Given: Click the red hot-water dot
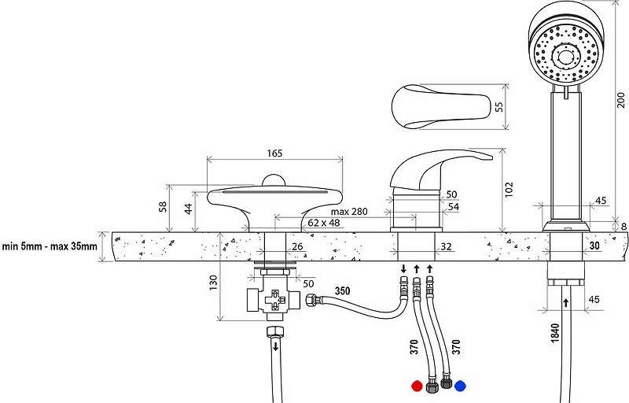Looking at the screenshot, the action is pyautogui.click(x=417, y=386).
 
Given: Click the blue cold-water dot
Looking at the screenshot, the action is pyautogui.click(x=461, y=386).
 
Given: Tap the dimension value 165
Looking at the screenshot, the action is pyautogui.click(x=274, y=153).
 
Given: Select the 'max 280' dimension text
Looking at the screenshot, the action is pyautogui.click(x=349, y=212).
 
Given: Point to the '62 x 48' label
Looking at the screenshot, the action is pyautogui.click(x=324, y=223).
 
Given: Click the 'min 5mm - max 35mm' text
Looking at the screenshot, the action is pyautogui.click(x=50, y=246).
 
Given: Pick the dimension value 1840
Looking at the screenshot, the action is pyautogui.click(x=555, y=333).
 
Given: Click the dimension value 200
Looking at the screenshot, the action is pyautogui.click(x=621, y=100).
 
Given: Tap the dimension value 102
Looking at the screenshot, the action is pyautogui.click(x=509, y=190).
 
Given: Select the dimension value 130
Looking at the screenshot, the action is pyautogui.click(x=213, y=283).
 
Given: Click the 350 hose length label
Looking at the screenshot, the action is pyautogui.click(x=342, y=290).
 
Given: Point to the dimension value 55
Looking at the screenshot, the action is pyautogui.click(x=499, y=107).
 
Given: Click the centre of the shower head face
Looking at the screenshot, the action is pyautogui.click(x=566, y=54).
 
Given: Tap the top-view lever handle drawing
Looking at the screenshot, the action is pyautogui.click(x=441, y=107).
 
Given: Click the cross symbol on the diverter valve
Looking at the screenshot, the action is pyautogui.click(x=274, y=299).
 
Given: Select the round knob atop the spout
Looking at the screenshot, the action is pyautogui.click(x=274, y=180).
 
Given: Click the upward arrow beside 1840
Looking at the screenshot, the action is pyautogui.click(x=566, y=303).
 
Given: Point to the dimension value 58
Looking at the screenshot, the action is pyautogui.click(x=164, y=207).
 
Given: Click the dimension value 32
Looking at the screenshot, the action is pyautogui.click(x=446, y=246).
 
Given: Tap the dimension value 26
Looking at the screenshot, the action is pyautogui.click(x=297, y=246).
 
